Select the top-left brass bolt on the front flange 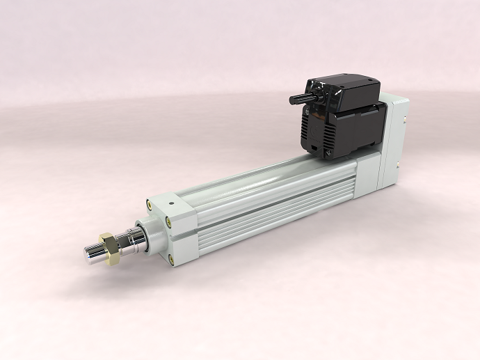click(149, 204)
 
